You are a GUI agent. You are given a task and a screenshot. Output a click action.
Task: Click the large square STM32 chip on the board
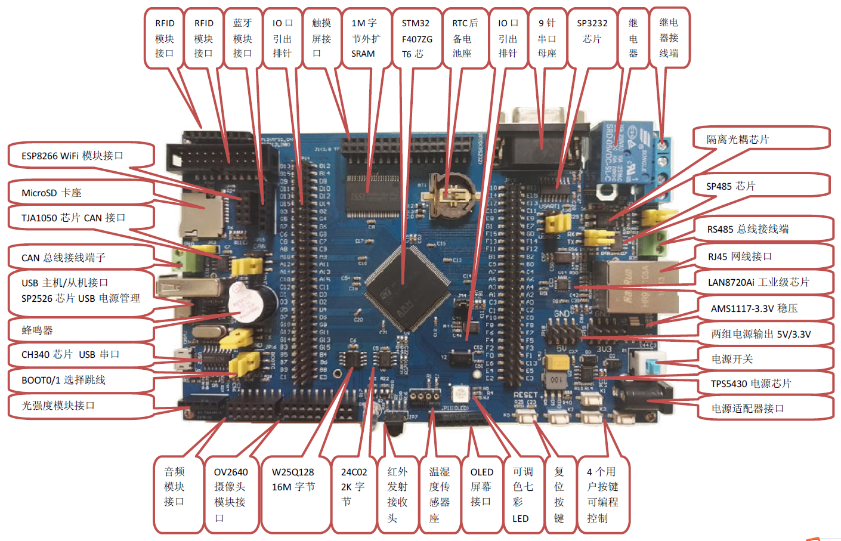[407, 288]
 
